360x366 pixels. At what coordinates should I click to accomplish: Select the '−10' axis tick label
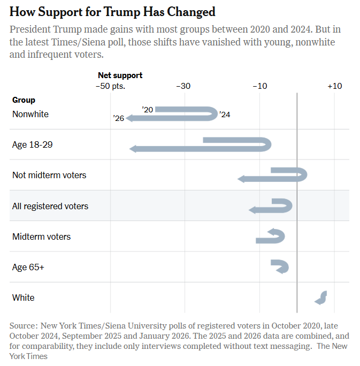(259, 86)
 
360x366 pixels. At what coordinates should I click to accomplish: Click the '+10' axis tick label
(334, 86)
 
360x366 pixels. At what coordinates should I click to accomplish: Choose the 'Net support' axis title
(120, 75)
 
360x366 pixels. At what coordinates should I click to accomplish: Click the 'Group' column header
(24, 100)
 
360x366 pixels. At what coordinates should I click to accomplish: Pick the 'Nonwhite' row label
(30, 114)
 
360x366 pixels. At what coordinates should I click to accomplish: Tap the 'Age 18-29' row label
(32, 144)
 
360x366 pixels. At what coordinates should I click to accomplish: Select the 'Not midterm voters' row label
(49, 175)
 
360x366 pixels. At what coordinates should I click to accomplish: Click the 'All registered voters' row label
(50, 206)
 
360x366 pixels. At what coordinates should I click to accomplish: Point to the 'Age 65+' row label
(28, 267)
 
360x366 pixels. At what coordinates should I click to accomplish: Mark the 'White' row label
(23, 298)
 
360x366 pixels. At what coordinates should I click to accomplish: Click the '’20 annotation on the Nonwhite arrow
(148, 110)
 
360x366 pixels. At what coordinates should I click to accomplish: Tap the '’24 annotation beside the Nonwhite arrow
(225, 115)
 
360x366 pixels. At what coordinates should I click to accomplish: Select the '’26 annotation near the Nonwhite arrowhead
(119, 118)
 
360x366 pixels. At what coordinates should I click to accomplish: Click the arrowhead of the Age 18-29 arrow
(133, 149)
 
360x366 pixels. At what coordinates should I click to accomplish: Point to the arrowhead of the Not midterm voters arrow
(241, 179)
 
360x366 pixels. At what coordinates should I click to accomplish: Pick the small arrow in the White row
(321, 298)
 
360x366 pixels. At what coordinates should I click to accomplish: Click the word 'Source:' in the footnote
(24, 325)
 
